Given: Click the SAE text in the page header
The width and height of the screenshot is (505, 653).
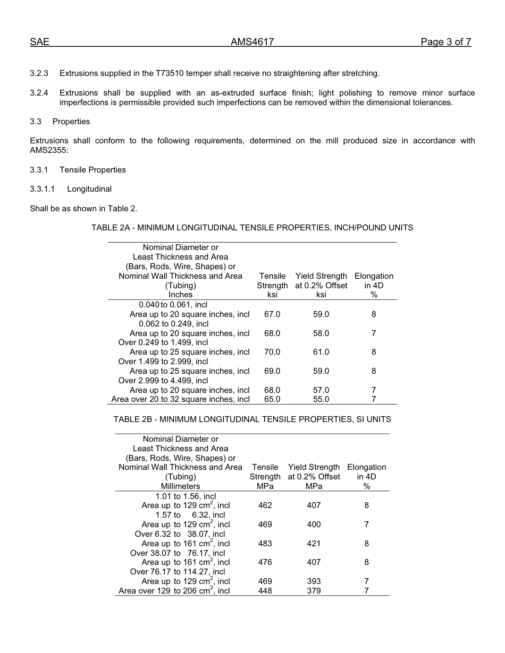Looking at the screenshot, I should [39, 42].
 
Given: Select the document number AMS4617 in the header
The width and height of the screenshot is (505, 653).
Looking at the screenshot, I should [252, 42].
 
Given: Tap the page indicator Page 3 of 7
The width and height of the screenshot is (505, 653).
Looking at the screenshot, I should [445, 42].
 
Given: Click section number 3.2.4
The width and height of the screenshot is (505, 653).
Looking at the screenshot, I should [39, 93].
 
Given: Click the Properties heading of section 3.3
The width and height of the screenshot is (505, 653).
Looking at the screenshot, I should [71, 122].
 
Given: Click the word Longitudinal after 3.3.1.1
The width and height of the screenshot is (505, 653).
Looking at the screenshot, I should [89, 189].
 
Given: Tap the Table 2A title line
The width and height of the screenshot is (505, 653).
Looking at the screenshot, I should [252, 228].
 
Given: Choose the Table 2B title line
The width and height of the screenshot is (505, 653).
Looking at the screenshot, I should [252, 419].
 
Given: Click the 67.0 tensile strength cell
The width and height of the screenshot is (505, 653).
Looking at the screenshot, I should [272, 314].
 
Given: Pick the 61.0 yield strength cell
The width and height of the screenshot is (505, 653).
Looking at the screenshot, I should [321, 352].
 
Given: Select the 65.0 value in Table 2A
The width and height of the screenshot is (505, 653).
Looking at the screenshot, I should [272, 399].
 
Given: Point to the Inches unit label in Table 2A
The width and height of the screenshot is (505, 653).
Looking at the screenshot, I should [180, 295].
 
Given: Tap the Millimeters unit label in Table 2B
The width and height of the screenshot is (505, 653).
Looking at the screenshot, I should [180, 486].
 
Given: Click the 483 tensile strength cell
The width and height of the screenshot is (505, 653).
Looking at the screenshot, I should [265, 544].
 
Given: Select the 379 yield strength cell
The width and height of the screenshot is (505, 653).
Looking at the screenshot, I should [314, 591].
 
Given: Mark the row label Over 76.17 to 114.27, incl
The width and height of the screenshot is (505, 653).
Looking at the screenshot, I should [178, 572].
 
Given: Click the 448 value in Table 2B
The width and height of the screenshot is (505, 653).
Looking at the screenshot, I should [265, 591].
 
